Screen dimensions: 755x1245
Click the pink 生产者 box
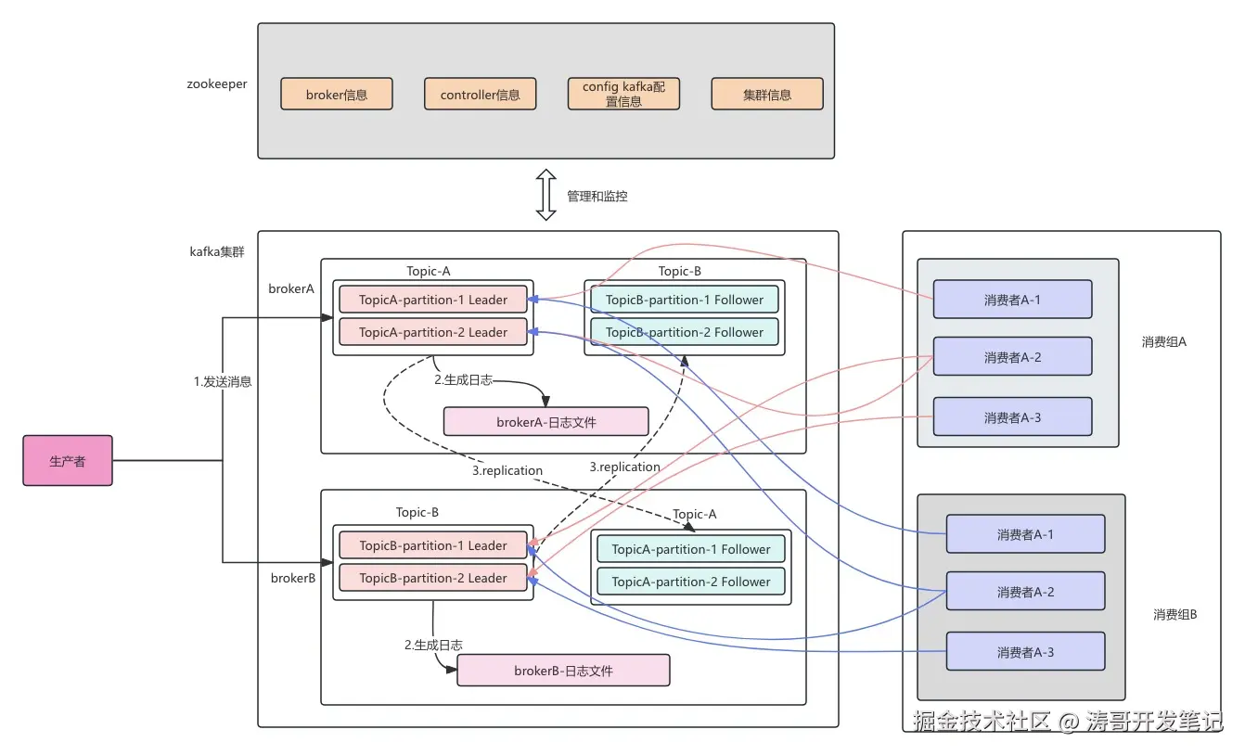68,461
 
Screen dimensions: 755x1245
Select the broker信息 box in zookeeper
337,94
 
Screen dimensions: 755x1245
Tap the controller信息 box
481,94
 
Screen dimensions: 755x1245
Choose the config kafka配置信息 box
623,94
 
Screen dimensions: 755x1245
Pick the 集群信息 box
767,94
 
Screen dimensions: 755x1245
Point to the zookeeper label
216,83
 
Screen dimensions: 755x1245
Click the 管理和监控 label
597,196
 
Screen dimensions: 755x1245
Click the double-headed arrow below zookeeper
546,195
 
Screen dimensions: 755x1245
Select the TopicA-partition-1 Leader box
433,300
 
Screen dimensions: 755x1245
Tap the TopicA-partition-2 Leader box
433,332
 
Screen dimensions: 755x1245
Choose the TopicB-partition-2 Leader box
433,578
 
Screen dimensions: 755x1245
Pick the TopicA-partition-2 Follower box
691,582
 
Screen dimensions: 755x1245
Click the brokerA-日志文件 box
545,422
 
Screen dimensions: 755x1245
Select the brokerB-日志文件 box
563,671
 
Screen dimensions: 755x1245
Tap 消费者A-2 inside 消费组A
1012,357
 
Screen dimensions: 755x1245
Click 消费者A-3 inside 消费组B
1025,652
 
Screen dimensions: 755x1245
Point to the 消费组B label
1175,614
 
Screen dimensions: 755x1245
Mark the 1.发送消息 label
223,381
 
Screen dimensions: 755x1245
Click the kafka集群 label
217,251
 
